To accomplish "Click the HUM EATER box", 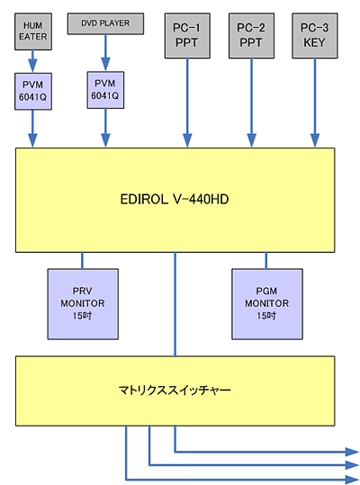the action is (x=33, y=31).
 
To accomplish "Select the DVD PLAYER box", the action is (x=105, y=23).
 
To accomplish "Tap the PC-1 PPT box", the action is (x=187, y=36).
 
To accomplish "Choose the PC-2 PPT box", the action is (x=251, y=36).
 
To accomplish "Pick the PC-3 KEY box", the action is (x=315, y=36).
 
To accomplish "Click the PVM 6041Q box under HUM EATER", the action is (x=33, y=91).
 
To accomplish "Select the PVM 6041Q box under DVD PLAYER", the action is (x=105, y=90).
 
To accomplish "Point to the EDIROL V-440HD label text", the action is (x=175, y=199).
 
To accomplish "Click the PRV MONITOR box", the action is (x=83, y=304).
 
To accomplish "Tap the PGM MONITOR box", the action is (x=267, y=304).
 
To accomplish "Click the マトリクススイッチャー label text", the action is (x=175, y=390).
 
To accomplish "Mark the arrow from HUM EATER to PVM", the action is (x=32, y=61).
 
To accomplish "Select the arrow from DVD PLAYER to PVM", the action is (x=105, y=53).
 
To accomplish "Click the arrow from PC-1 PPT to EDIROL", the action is (x=187, y=103).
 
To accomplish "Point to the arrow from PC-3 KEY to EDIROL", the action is (x=315, y=103).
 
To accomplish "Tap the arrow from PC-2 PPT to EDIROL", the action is (x=251, y=103).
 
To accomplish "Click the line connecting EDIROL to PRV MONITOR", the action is (x=82, y=260).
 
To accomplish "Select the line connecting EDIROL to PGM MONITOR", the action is (x=266, y=260).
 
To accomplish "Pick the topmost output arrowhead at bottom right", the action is (x=352, y=452).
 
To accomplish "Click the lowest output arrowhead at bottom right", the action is (x=352, y=480).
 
